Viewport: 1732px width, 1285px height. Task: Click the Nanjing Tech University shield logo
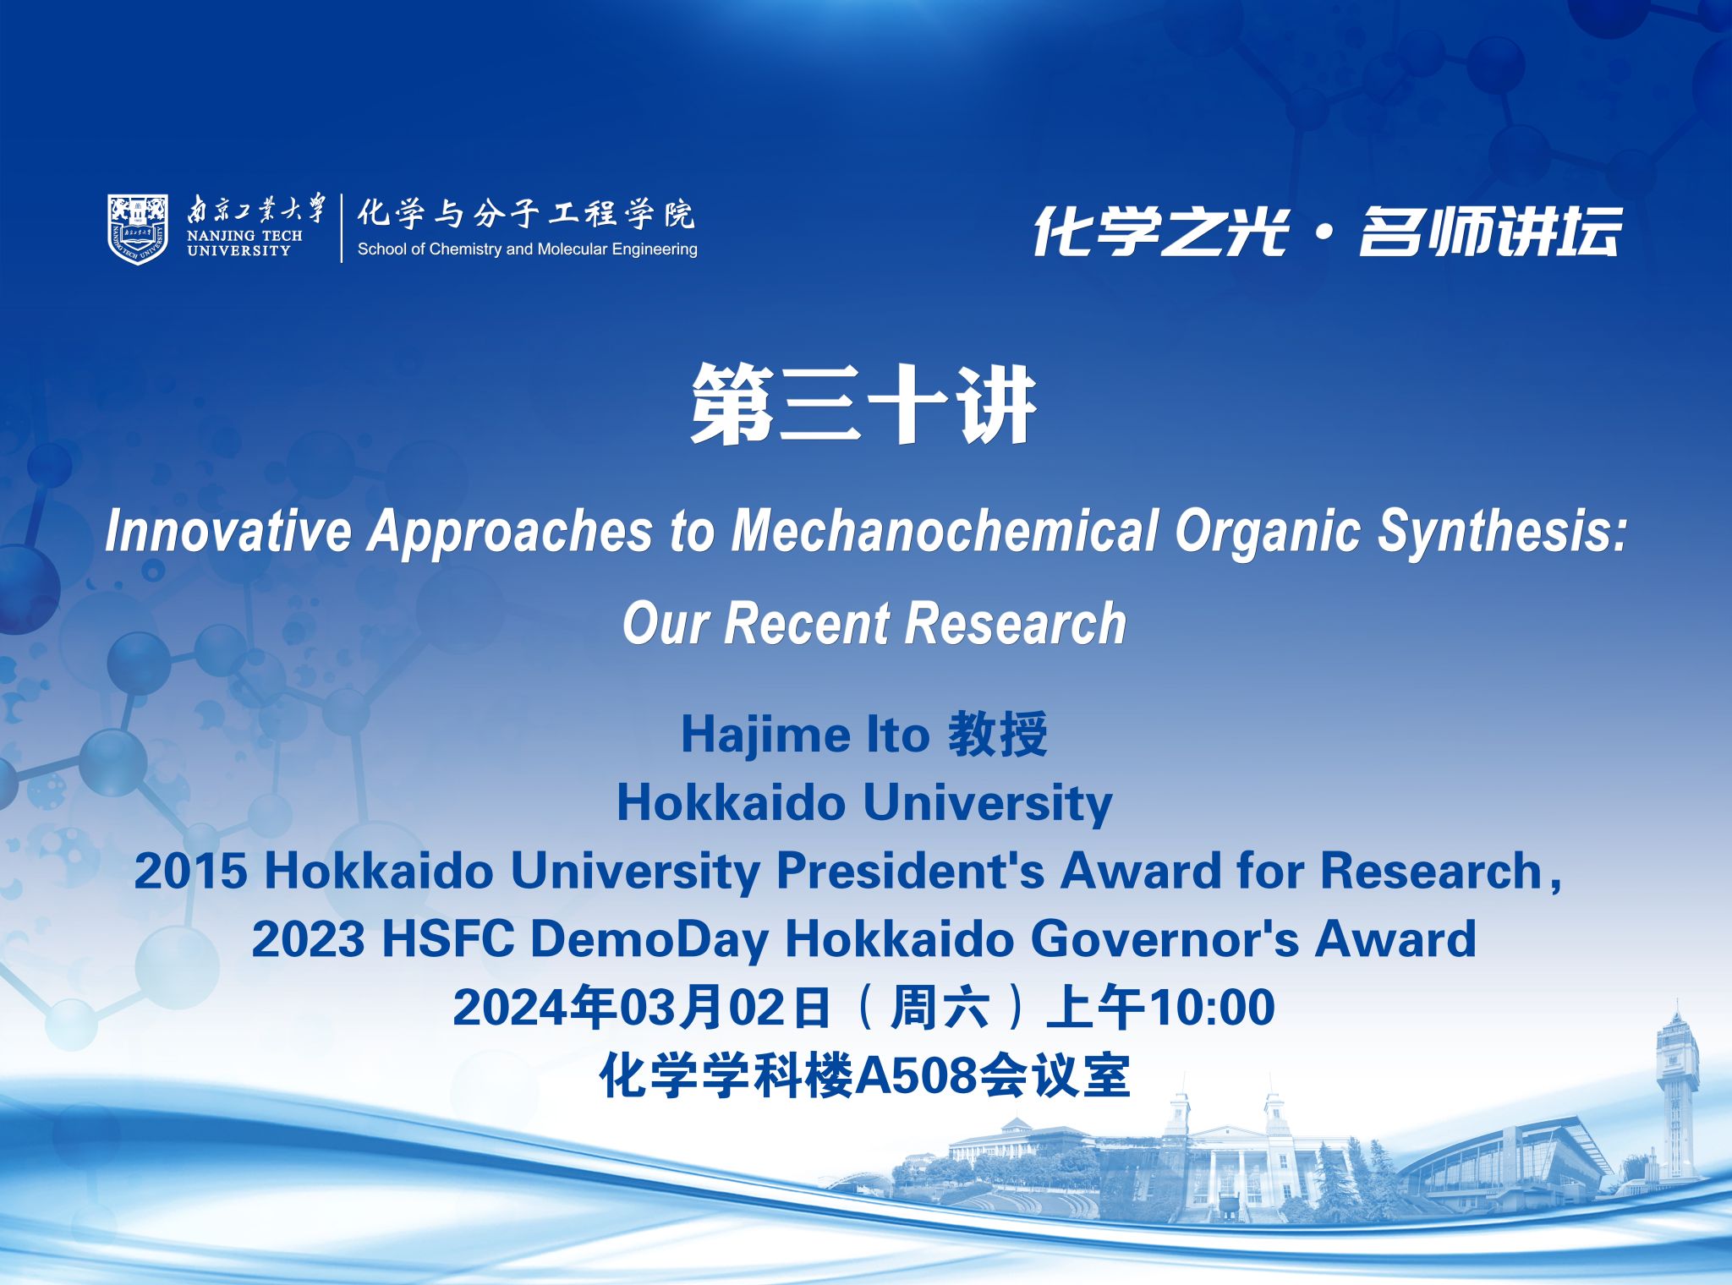tap(137, 228)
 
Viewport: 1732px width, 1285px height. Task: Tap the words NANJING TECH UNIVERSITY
tap(244, 243)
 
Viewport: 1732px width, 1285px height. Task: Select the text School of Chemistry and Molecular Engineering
tap(528, 249)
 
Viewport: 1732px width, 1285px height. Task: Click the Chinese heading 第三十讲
tap(864, 404)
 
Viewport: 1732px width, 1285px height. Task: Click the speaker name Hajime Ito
tap(805, 735)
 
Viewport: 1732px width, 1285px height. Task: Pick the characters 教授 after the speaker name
tap(998, 734)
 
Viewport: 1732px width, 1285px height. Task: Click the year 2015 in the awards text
tap(191, 871)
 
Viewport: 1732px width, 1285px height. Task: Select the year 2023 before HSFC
tap(309, 939)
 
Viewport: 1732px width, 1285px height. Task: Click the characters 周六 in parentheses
tap(940, 1008)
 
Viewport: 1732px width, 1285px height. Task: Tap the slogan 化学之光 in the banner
tap(1160, 231)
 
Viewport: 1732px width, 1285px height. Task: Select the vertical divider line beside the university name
tap(342, 228)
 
